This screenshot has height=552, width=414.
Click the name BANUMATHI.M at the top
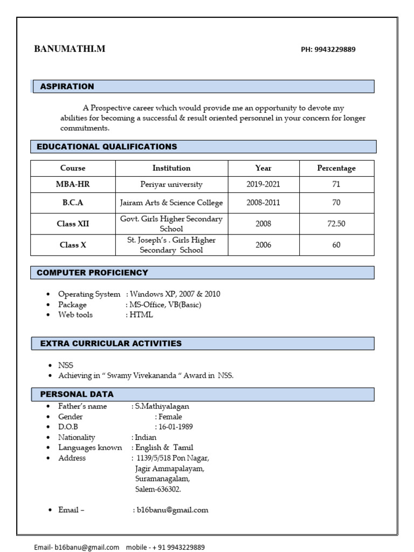click(x=70, y=49)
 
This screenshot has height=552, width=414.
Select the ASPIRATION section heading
click(x=67, y=86)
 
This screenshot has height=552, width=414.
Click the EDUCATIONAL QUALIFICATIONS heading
click(x=107, y=147)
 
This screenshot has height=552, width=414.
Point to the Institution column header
click(x=171, y=168)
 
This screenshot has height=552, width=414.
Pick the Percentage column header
click(x=336, y=168)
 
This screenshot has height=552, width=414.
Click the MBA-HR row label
click(x=73, y=184)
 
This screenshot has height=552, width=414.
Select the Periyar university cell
click(x=171, y=184)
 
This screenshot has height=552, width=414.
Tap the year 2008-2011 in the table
click(x=264, y=203)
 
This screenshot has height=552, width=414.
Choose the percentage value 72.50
click(x=336, y=224)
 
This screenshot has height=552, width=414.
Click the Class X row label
click(x=73, y=245)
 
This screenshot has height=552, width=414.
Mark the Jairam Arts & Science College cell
click(x=171, y=203)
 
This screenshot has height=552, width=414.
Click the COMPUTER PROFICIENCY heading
click(x=92, y=273)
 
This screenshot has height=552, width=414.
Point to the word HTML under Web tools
click(x=141, y=315)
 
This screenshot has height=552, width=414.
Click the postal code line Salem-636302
click(x=158, y=489)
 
